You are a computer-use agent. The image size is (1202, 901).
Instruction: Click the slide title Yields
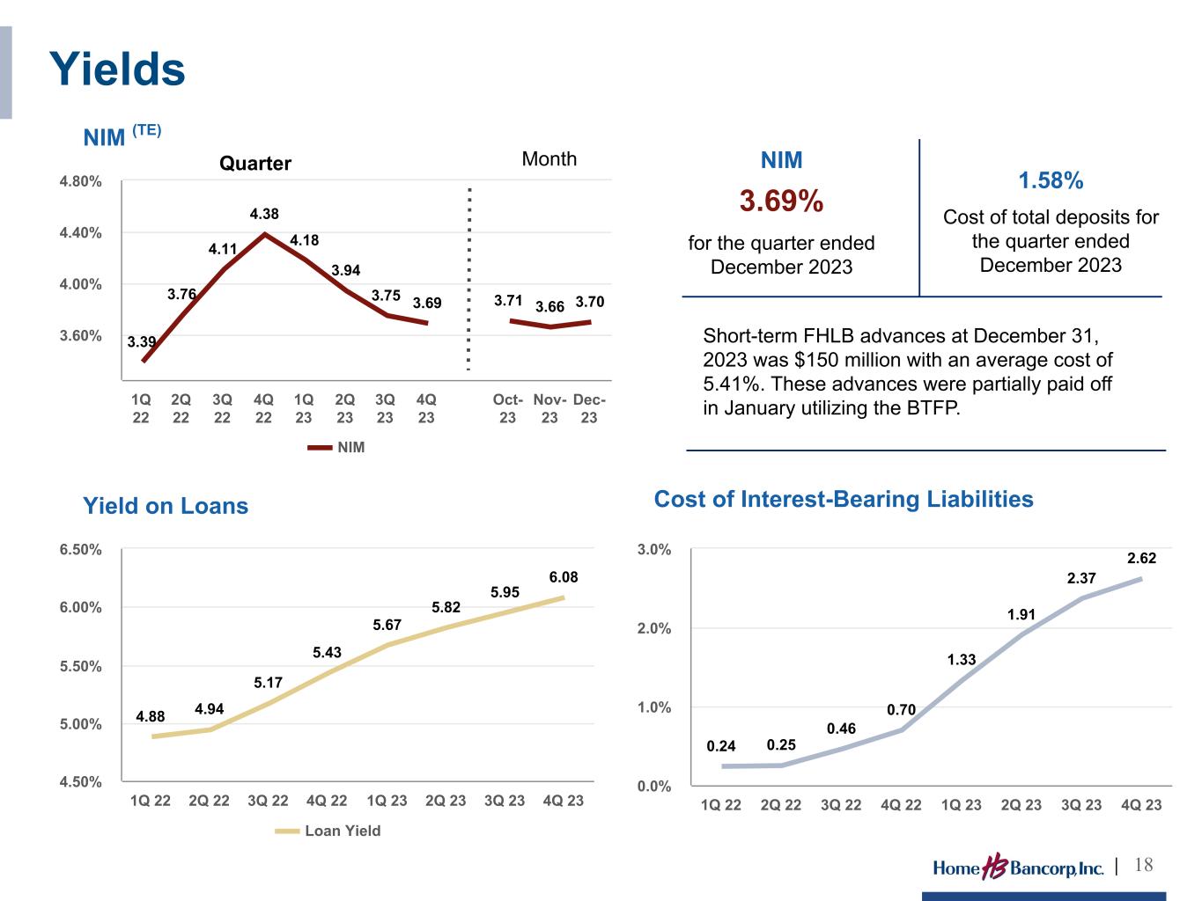[x=117, y=70]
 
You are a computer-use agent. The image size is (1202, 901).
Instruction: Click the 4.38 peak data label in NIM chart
[x=264, y=214]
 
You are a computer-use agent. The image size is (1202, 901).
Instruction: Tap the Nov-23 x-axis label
[x=549, y=408]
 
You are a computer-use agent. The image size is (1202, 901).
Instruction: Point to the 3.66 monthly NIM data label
[x=549, y=307]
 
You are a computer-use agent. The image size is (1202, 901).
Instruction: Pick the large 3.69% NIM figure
[x=781, y=201]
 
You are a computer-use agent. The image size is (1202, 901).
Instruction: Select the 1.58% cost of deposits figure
[x=1051, y=180]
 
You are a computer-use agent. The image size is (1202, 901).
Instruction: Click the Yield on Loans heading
[x=166, y=506]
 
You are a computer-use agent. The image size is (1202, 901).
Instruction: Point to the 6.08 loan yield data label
[x=564, y=577]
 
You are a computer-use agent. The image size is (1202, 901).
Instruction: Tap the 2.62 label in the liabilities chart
[x=1141, y=558]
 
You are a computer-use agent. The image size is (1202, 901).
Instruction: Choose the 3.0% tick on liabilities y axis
[x=653, y=550]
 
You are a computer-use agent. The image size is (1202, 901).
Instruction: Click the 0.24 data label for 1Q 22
[x=721, y=746]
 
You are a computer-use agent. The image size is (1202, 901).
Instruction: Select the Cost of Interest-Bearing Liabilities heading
[x=844, y=500]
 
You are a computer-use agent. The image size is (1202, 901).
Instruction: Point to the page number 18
[x=1143, y=865]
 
